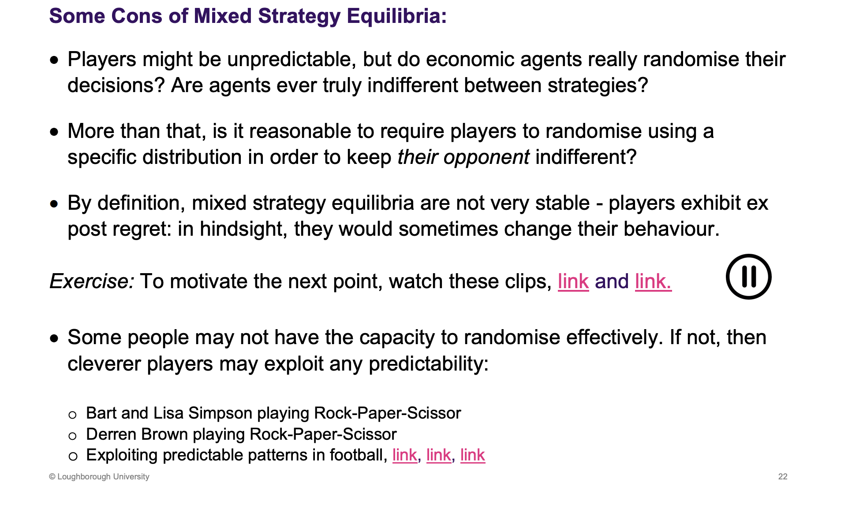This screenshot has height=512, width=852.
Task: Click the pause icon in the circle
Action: [x=748, y=277]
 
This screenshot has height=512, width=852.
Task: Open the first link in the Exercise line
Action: [x=573, y=282]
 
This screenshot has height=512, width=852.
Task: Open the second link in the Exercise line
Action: [x=653, y=282]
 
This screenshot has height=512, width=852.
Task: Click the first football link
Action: [x=404, y=455]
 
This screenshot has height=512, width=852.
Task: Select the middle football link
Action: [x=438, y=455]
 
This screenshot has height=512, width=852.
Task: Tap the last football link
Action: [x=472, y=455]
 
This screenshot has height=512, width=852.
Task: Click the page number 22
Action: [x=783, y=476]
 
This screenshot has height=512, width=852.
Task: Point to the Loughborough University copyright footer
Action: [x=99, y=477]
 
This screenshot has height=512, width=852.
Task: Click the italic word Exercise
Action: [x=92, y=282]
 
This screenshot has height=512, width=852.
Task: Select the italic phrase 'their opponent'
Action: [x=463, y=157]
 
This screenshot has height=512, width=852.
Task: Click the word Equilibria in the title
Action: [x=396, y=16]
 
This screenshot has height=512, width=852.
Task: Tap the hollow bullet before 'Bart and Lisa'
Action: [x=73, y=415]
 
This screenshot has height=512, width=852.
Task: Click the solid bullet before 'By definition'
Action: [x=54, y=204]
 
